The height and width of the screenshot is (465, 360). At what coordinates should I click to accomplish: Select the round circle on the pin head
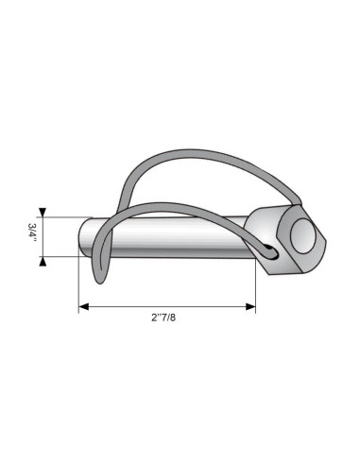pos(303,235)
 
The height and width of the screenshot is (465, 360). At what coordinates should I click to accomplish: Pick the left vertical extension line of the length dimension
pos(78,284)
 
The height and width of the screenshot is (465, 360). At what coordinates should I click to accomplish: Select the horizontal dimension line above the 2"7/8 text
pos(167,306)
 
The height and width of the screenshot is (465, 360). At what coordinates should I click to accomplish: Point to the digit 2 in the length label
pos(153,319)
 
